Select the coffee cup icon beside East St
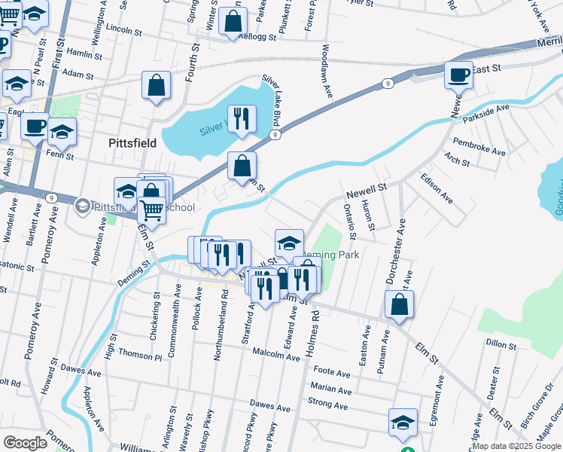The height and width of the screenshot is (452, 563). [x=458, y=75]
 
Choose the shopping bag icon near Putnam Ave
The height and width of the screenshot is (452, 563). [x=399, y=304]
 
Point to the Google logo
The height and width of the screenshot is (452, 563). [x=25, y=443]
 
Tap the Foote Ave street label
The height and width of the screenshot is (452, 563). [x=332, y=372]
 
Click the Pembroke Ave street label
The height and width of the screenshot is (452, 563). [x=478, y=145]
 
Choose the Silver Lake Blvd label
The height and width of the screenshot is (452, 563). [x=272, y=100]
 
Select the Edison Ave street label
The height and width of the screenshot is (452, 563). [x=437, y=188]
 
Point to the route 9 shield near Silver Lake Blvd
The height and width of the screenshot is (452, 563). [x=275, y=134]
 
